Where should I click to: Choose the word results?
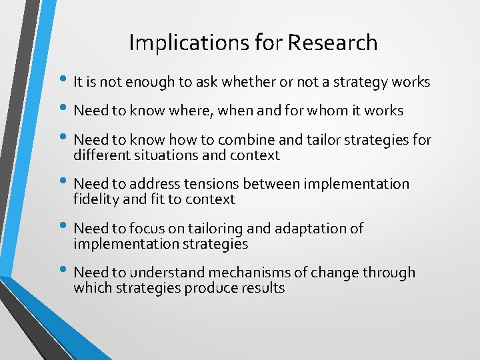pos(263,288)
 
